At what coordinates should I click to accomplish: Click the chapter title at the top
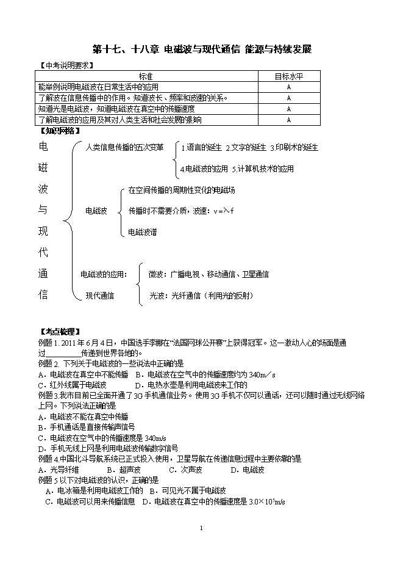[202, 49]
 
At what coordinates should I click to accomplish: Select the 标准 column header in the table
[145, 76]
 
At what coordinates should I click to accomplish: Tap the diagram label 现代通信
[99, 296]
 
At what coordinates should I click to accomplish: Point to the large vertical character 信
[43, 294]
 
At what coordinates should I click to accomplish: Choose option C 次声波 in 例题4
[185, 470]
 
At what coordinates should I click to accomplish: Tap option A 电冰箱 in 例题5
[95, 490]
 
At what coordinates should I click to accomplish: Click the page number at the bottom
[201, 527]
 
